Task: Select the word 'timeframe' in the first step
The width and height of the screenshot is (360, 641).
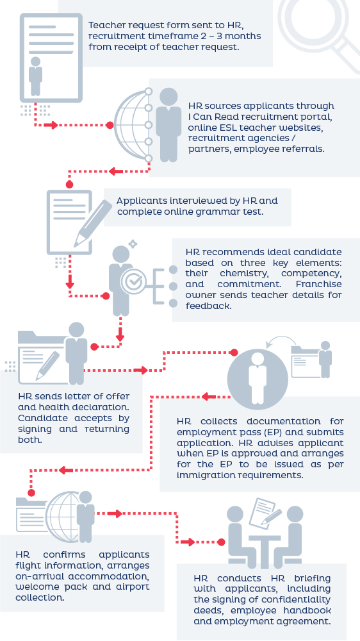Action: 160,36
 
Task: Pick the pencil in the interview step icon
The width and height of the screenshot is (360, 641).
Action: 92,224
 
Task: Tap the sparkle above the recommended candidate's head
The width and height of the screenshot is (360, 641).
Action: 133,244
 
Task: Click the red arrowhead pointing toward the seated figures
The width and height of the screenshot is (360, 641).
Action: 189,542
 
